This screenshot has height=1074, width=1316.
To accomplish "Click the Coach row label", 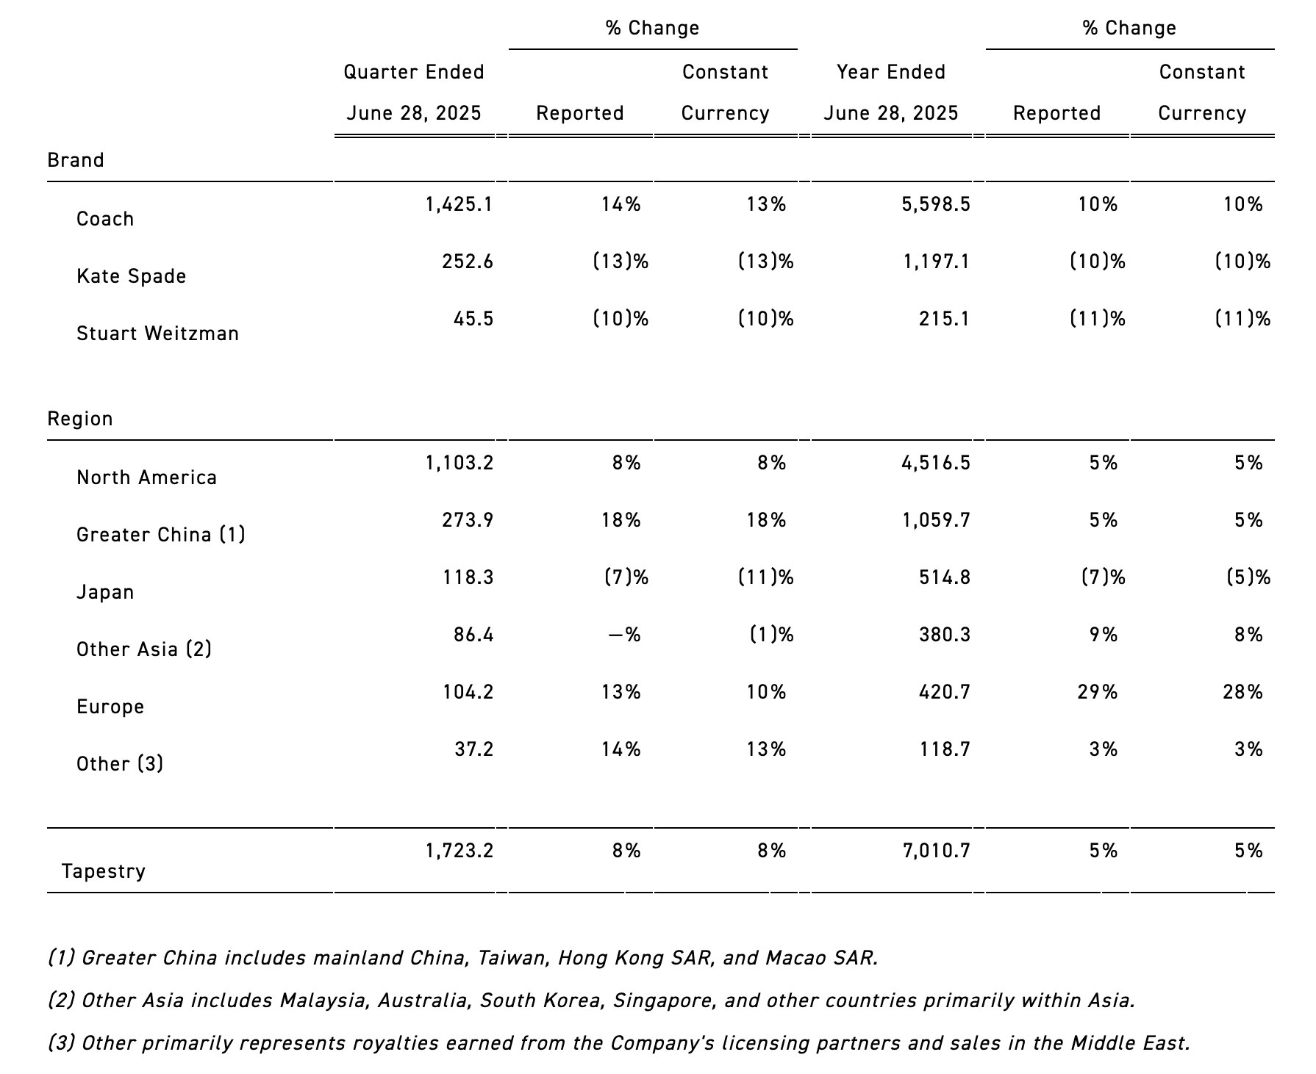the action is (x=105, y=219).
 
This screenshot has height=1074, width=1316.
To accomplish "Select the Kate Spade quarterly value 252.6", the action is (x=468, y=262).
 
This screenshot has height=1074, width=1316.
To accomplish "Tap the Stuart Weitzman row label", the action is (x=157, y=334).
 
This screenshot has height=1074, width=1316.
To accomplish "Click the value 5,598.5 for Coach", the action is (x=936, y=204).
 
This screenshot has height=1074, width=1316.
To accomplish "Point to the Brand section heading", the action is (x=76, y=160).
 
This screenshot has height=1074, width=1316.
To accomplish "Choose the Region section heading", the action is (x=80, y=419).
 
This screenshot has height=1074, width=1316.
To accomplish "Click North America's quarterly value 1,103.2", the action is (x=459, y=463).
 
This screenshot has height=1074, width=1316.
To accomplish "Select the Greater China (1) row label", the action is (x=161, y=535).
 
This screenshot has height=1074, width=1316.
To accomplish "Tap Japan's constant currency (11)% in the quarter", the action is (x=766, y=577).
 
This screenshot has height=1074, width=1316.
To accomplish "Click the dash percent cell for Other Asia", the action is (x=624, y=635).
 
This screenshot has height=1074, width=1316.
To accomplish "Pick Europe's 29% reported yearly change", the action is (x=1098, y=692).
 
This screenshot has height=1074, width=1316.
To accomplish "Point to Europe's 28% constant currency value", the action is (x=1243, y=692).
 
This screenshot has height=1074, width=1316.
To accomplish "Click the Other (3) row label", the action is (x=120, y=764).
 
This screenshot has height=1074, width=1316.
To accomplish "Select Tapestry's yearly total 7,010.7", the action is (x=936, y=851).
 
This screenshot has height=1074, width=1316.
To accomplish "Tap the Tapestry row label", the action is (x=104, y=872).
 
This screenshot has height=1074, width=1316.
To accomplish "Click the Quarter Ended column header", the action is (x=414, y=72).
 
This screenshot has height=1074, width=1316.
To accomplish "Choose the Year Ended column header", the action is (x=891, y=72).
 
